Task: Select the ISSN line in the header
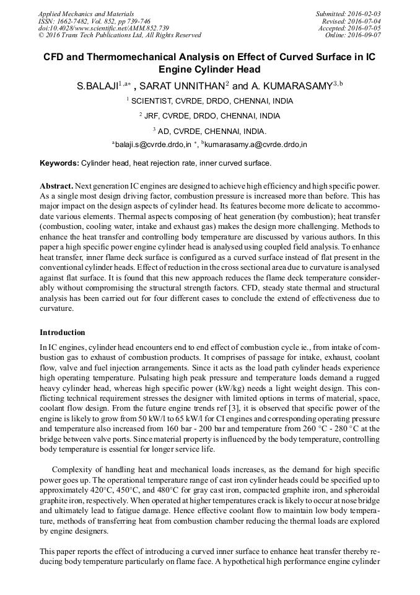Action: pyautogui.click(x=92, y=21)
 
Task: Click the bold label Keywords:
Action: pyautogui.click(x=59, y=163)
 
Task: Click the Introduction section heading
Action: pyautogui.click(x=63, y=333)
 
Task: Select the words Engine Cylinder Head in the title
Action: pyautogui.click(x=209, y=69)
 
